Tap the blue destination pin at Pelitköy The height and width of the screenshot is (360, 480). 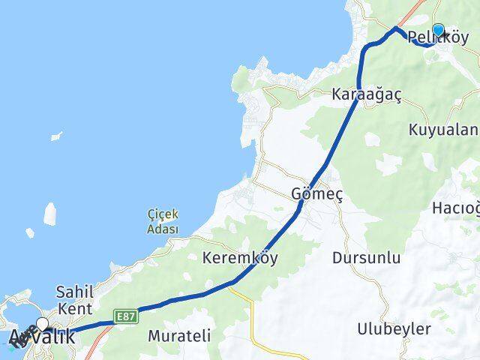tap(438, 30)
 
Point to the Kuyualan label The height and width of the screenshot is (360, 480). tap(443, 130)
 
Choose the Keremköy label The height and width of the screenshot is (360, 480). tap(240, 258)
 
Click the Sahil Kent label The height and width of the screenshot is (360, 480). tap(74, 299)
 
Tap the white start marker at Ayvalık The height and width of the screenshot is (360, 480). tap(42, 324)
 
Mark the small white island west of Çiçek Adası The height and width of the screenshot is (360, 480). tap(50, 214)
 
